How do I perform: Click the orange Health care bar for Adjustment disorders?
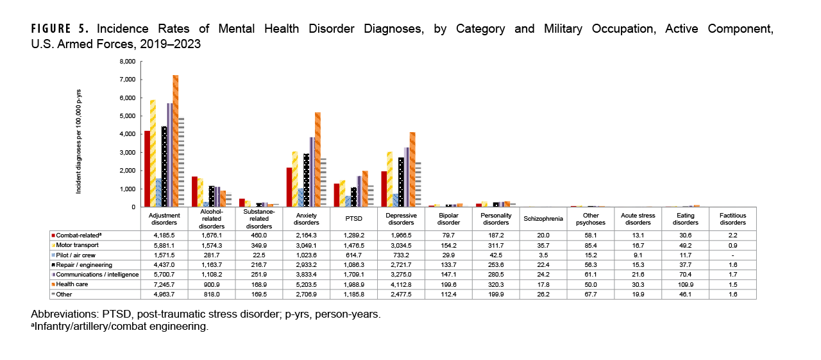(176, 141)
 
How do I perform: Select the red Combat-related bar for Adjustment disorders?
(147, 169)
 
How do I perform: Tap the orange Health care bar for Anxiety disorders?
(317, 160)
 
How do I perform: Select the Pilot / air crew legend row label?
(76, 255)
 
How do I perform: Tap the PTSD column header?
(354, 218)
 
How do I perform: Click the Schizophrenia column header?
(543, 218)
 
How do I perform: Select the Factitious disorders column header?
(732, 218)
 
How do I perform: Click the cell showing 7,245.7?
(164, 284)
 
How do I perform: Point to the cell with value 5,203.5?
(306, 284)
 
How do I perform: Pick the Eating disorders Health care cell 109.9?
(685, 284)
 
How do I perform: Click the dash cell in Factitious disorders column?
(732, 255)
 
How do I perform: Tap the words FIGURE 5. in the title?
(62, 30)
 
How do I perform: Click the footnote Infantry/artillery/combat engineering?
(121, 327)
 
